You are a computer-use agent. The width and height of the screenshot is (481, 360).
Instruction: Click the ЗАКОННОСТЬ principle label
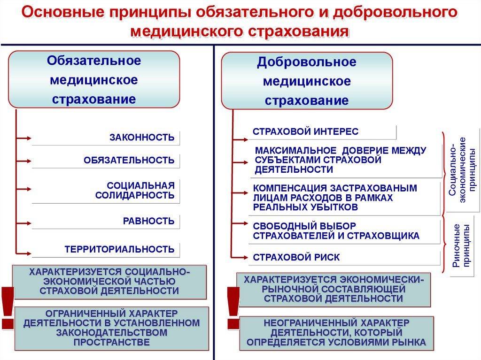pos(142,138)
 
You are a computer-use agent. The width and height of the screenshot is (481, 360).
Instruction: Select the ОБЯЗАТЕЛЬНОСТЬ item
pos(129,160)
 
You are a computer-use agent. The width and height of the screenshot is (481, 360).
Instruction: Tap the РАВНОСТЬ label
pos(149,221)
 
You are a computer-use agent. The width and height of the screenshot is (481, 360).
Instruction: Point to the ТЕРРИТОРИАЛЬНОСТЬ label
pos(120,249)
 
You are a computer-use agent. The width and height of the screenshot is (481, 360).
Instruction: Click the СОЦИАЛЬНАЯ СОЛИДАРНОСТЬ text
pos(135,190)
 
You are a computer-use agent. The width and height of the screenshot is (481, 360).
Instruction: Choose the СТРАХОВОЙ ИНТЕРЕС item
pos(305,131)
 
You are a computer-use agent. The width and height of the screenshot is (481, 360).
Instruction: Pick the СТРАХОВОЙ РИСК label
pos(296,257)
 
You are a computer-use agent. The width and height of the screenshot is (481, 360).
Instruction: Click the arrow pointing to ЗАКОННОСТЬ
pos(24,138)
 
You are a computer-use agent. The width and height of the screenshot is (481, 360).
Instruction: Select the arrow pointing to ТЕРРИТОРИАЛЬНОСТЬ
pos(24,253)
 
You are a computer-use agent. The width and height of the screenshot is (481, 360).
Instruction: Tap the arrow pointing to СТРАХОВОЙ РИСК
pos(240,257)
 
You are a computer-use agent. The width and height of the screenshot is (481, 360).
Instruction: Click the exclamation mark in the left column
pos(8,308)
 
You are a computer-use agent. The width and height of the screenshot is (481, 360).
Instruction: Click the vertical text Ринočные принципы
pos(461,245)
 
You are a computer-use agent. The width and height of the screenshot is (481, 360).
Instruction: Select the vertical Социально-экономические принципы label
pos(462,170)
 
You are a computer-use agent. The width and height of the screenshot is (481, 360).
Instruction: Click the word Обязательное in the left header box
pos(94,61)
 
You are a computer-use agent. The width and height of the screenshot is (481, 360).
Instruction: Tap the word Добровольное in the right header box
pos(307,62)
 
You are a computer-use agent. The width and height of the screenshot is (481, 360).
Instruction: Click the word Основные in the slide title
pos(62,13)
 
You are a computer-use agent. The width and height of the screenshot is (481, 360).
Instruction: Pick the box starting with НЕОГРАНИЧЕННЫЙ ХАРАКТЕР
pos(336,333)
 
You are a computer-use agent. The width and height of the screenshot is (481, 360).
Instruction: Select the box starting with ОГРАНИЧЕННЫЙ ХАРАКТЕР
pos(112,329)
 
